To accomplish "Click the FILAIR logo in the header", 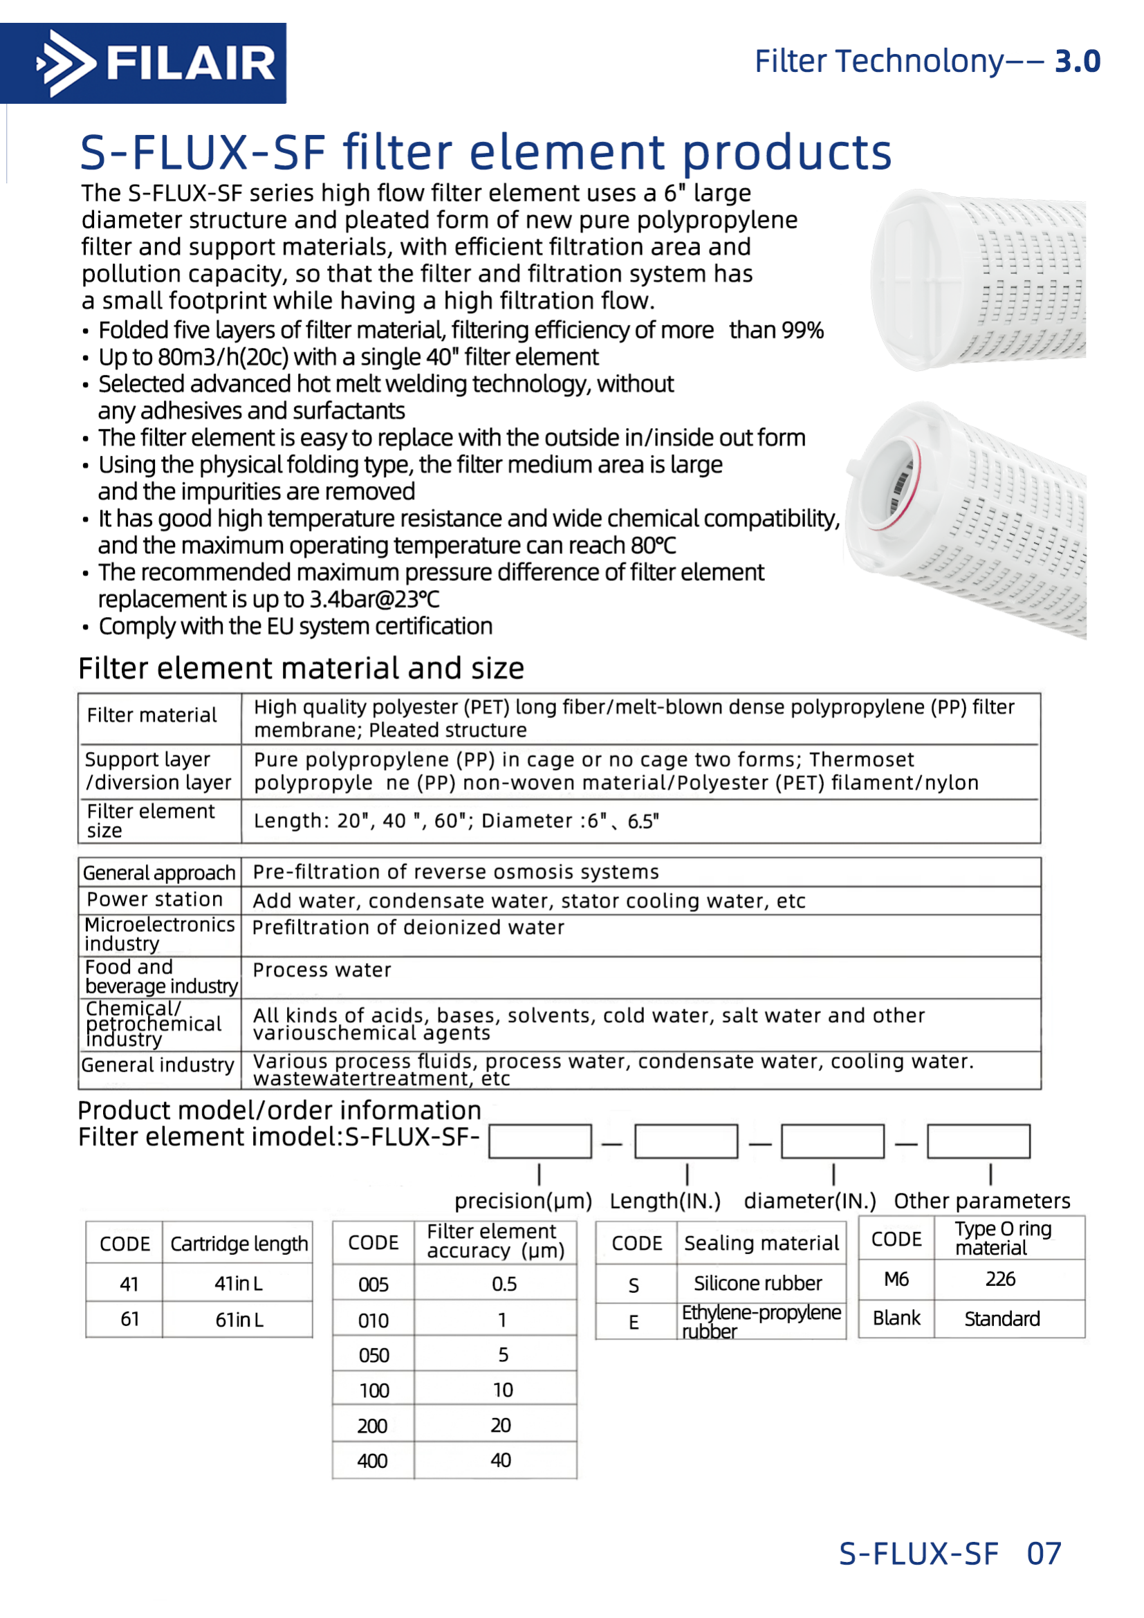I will click(x=143, y=64).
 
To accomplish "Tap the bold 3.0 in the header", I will click(x=1076, y=62).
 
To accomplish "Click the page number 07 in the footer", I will click(x=1043, y=1553).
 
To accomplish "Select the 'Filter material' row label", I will click(x=151, y=715).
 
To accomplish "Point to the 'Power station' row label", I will click(x=155, y=899).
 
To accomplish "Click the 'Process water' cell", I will click(x=321, y=971).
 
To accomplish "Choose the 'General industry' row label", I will click(x=157, y=1065).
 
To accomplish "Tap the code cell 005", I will click(x=373, y=1285).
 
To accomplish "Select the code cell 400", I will click(x=372, y=1461).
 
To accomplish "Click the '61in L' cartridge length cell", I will click(x=239, y=1320).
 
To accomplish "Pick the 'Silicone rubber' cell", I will click(x=757, y=1283).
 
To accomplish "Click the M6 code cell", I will click(x=896, y=1279).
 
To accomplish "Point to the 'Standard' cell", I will click(x=1001, y=1319).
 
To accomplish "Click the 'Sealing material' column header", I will click(x=761, y=1243).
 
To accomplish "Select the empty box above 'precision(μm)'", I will click(x=539, y=1141).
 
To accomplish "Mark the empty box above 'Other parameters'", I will click(x=978, y=1141).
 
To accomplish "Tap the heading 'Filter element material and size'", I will click(x=301, y=668).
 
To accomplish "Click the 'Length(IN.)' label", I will click(x=665, y=1201).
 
